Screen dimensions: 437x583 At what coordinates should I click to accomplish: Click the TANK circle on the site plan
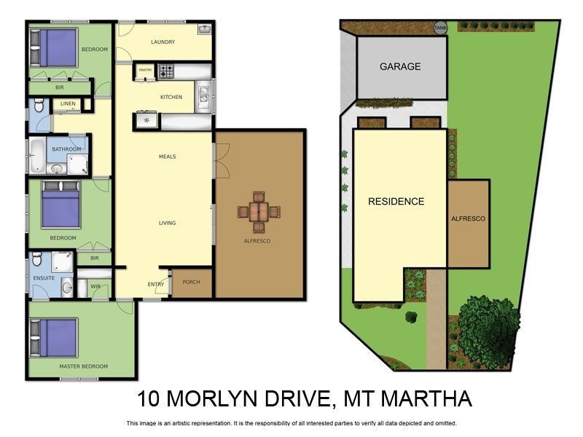pos(440,28)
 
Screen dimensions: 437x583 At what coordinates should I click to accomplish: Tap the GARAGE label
pos(400,66)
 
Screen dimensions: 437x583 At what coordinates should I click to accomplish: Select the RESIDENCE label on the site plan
pos(396,201)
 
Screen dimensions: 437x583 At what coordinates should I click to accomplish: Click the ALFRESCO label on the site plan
pos(468,219)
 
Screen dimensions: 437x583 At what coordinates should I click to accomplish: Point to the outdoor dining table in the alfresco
pos(259,212)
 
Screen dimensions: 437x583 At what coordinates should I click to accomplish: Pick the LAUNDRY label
pos(163,42)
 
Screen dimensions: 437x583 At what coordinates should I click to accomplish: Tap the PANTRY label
pos(145,71)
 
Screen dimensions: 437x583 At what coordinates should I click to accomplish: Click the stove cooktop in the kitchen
pos(167,71)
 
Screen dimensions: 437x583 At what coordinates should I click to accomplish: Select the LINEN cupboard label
pos(68,104)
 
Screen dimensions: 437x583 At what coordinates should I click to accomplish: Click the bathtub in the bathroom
pos(36,155)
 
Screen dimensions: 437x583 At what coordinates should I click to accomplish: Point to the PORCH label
pos(191,282)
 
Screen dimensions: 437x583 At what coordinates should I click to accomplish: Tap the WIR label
pos(95,286)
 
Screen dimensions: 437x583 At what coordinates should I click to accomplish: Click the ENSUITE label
pos(44,277)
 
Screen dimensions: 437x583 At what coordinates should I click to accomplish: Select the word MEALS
pos(167,157)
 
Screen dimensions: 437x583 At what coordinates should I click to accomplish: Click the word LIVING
pos(167,223)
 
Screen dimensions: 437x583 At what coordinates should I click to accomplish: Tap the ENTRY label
pos(156,284)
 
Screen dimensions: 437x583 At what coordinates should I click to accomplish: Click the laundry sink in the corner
pos(205,30)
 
